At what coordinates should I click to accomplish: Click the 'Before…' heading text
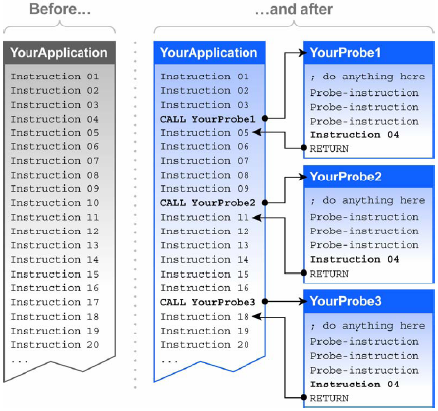pyautogui.click(x=60, y=9)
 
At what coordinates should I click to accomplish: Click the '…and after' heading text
pyautogui.click(x=294, y=9)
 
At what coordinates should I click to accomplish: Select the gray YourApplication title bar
pyautogui.click(x=59, y=53)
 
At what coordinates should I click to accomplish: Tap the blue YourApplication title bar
pyautogui.click(x=209, y=53)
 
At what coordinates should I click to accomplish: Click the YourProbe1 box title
pyautogui.click(x=346, y=53)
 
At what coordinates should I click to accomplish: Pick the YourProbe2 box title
pyautogui.click(x=346, y=177)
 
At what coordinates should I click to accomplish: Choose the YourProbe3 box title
pyautogui.click(x=346, y=301)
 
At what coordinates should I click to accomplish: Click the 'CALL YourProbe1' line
pyautogui.click(x=208, y=119)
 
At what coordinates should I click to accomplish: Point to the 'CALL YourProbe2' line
pyautogui.click(x=208, y=203)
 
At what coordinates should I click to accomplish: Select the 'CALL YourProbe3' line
pyautogui.click(x=208, y=302)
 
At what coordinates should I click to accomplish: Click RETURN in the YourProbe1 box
pyautogui.click(x=329, y=149)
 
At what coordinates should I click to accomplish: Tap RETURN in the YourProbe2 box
pyautogui.click(x=329, y=274)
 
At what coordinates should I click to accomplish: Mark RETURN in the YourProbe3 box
pyautogui.click(x=329, y=398)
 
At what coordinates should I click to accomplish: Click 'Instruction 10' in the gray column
pyautogui.click(x=55, y=203)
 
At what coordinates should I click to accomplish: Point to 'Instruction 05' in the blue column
pyautogui.click(x=205, y=133)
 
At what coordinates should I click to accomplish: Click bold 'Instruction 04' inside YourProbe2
pyautogui.click(x=355, y=259)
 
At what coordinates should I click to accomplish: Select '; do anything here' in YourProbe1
pyautogui.click(x=368, y=77)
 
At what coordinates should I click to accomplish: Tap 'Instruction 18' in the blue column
pyautogui.click(x=205, y=317)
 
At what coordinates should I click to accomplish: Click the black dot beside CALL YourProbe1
pyautogui.click(x=265, y=118)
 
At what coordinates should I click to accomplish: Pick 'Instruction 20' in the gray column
pyautogui.click(x=55, y=345)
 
